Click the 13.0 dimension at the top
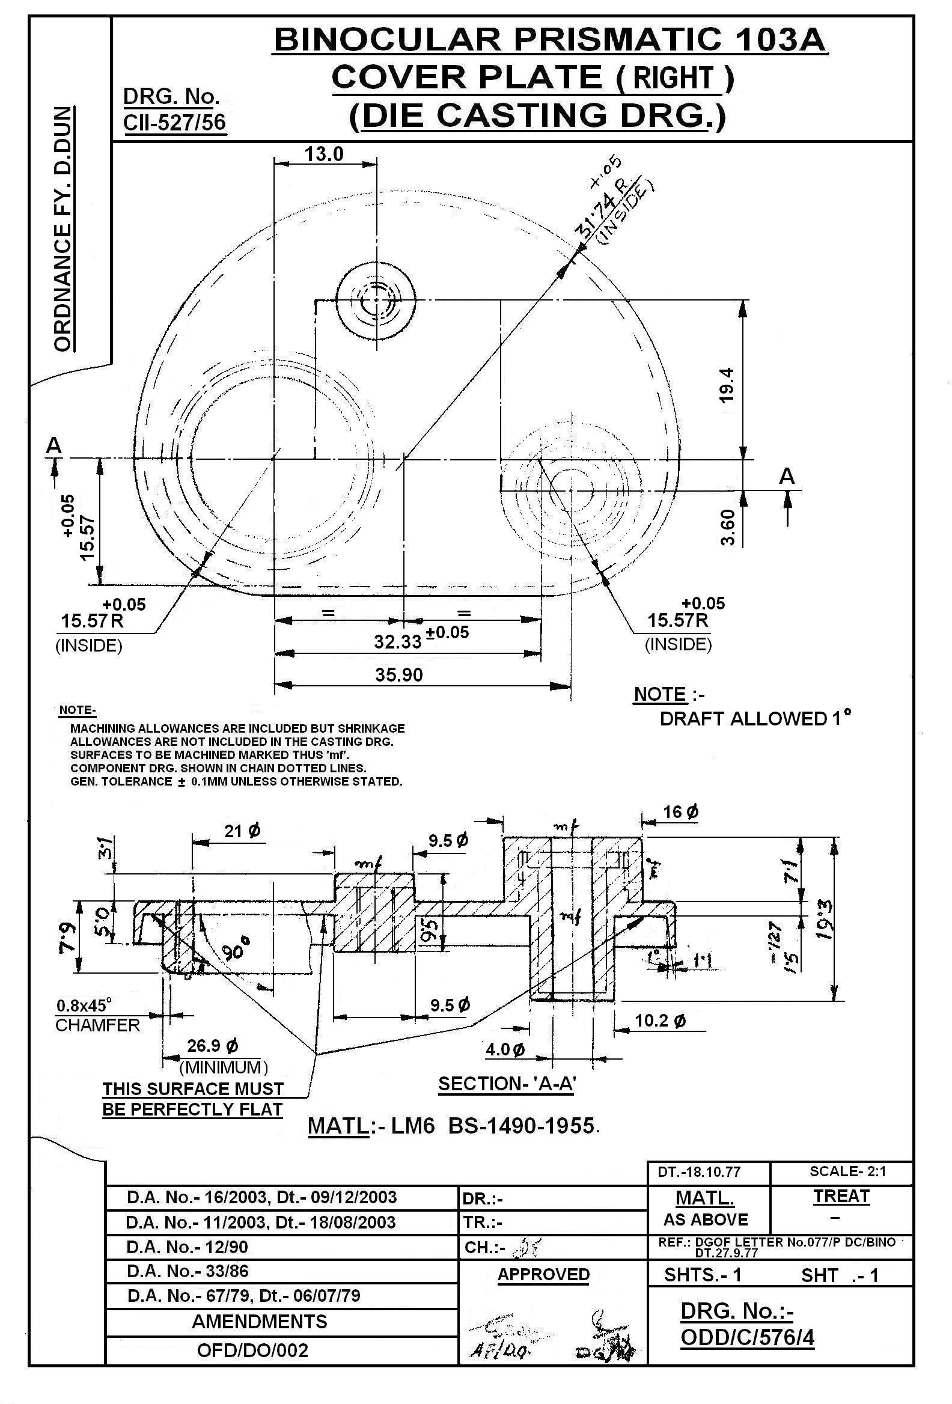(323, 154)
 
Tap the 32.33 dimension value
(397, 641)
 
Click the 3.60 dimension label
(728, 528)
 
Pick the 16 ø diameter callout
(681, 811)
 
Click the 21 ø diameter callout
(243, 831)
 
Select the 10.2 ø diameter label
(661, 1021)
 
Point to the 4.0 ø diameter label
(505, 1049)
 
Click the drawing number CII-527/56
(174, 122)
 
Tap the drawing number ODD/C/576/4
(746, 1337)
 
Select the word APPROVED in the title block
(543, 1274)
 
